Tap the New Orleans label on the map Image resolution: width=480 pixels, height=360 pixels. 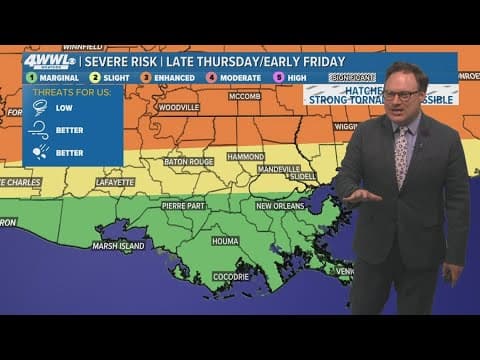(x=280, y=205)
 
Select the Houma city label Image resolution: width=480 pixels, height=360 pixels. (x=225, y=241)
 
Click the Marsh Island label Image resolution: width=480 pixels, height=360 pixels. (x=118, y=245)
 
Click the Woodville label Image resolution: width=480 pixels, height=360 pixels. (x=179, y=107)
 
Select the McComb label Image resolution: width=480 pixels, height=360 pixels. (x=245, y=98)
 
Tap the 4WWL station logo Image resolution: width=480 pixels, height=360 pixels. (x=48, y=61)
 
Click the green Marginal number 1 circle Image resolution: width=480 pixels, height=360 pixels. (x=30, y=76)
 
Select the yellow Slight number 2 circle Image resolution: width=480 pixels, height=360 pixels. (x=95, y=76)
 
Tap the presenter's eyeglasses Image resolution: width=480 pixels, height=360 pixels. (x=401, y=95)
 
